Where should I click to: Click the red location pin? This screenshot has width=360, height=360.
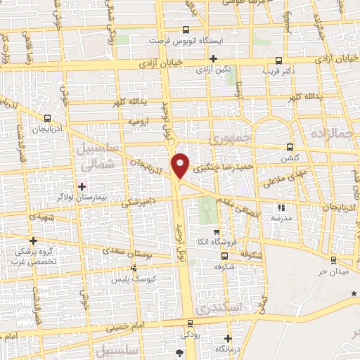[181, 165]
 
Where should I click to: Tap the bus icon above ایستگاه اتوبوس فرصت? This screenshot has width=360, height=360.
[186, 30]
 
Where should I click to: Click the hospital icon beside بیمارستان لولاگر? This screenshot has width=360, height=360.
[83, 186]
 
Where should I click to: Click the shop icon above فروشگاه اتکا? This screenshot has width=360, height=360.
[216, 232]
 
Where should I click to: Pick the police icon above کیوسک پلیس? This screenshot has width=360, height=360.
[134, 267]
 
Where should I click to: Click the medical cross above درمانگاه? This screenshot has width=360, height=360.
[226, 337]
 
